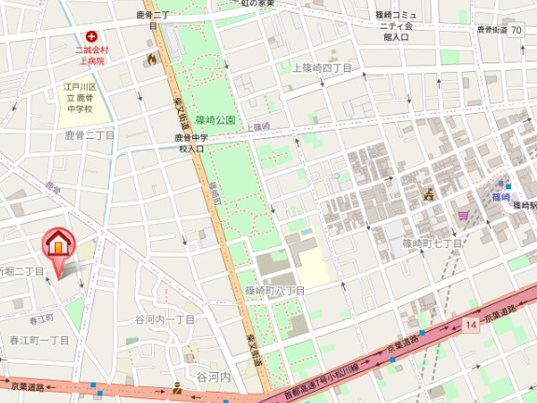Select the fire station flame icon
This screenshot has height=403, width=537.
151,59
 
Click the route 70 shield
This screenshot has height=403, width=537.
516,30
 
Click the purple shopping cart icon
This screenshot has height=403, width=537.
463,215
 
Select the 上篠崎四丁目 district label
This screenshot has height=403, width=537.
322,68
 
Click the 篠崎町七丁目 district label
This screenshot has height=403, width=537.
432,243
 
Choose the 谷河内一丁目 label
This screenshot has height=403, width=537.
165,319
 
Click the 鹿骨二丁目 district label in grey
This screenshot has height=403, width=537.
89,135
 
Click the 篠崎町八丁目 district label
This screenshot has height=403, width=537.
275,291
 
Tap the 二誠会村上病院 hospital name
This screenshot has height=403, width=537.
91,54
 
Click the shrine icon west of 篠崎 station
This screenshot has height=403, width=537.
429,194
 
